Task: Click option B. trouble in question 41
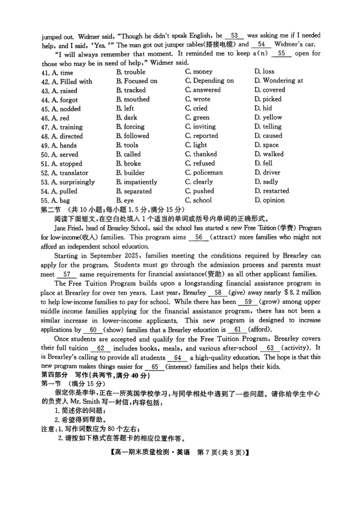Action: click(130, 72)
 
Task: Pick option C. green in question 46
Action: click(197, 118)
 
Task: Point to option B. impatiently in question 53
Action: click(136, 182)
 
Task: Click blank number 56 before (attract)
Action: click(199, 237)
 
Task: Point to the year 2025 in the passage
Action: click(128, 256)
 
